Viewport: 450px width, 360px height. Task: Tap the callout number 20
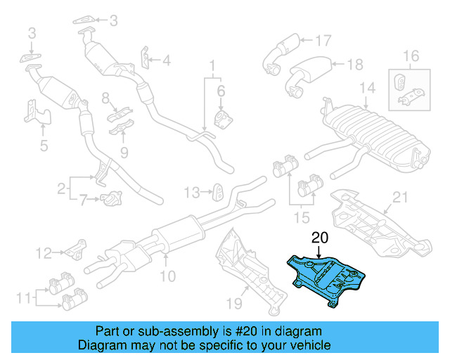click(x=321, y=239)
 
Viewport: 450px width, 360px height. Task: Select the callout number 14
click(x=368, y=88)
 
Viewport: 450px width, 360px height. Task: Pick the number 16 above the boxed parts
click(x=411, y=55)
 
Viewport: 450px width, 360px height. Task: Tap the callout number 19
click(x=235, y=303)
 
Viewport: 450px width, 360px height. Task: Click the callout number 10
click(x=167, y=276)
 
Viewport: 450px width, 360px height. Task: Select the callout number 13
click(x=192, y=191)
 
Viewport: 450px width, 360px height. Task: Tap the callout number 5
click(x=43, y=146)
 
